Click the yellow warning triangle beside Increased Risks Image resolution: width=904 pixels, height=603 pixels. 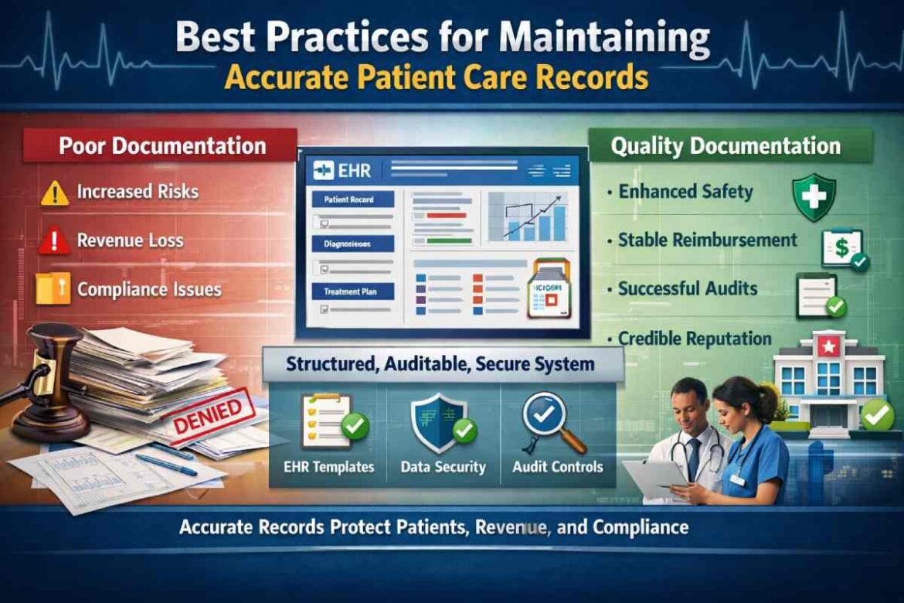(54, 192)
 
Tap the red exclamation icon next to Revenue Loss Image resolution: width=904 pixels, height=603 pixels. (54, 241)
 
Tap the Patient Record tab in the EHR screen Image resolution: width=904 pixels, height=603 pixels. (352, 199)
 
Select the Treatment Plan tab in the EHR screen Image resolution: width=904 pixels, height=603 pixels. (352, 291)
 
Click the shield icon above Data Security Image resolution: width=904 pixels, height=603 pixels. (438, 423)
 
